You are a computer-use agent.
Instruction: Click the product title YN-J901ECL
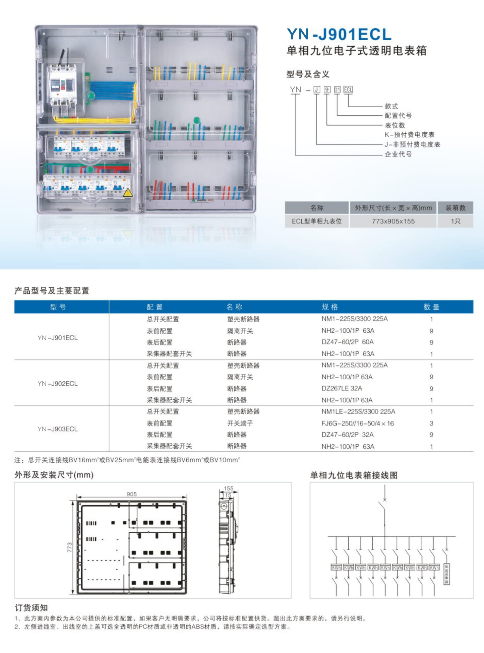[x=339, y=34]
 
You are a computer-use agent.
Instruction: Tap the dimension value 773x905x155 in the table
[x=393, y=221]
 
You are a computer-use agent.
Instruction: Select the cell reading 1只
[x=455, y=221]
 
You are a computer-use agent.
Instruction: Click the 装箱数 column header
[x=455, y=208]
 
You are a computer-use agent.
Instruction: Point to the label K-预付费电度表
[x=409, y=135]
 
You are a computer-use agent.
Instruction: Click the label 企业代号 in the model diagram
[x=398, y=154]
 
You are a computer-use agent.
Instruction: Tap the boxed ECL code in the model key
[x=348, y=89]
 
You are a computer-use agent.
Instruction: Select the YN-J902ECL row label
[x=58, y=383]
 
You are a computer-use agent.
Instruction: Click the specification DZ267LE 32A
[x=342, y=388]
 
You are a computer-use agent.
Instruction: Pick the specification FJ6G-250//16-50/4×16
[x=357, y=423]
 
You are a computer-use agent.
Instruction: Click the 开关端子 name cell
[x=240, y=423]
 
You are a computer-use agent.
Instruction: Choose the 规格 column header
[x=330, y=307]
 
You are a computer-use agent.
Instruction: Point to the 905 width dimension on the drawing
[x=132, y=494]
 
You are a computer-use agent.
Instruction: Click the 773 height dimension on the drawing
[x=69, y=547]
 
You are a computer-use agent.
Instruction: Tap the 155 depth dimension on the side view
[x=229, y=488]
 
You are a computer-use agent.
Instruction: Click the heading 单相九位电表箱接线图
[x=354, y=475]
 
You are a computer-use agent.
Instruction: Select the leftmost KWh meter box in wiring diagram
[x=336, y=568]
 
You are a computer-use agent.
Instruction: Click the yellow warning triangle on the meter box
[x=128, y=193]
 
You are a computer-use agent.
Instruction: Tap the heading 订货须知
[x=31, y=607]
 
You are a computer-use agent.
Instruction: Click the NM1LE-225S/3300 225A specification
[x=358, y=411]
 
